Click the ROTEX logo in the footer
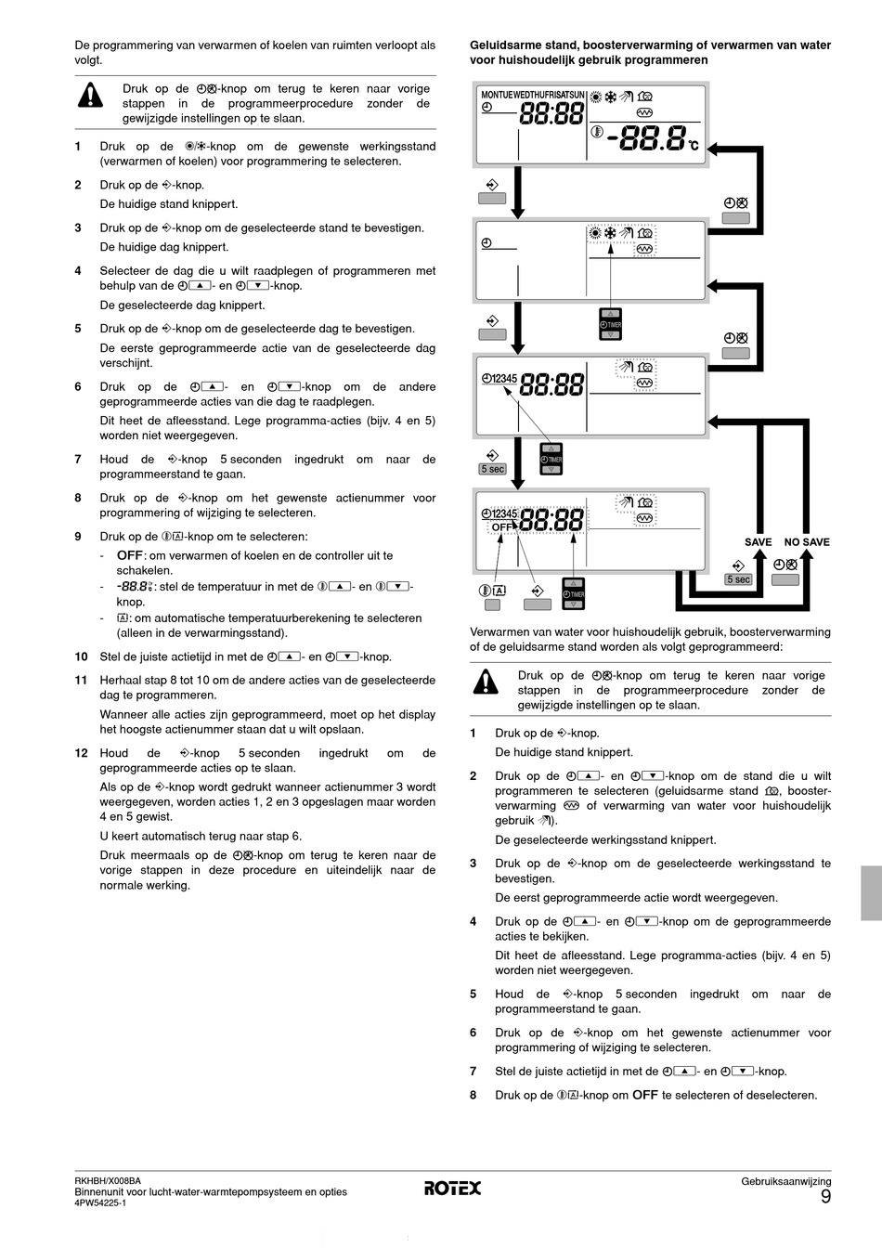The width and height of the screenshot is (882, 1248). point(453,1188)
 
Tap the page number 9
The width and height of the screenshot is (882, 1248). point(825,1197)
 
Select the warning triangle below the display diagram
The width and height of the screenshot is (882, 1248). point(485,682)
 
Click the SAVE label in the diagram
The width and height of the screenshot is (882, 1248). point(758,542)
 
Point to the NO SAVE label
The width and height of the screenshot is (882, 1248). point(807,542)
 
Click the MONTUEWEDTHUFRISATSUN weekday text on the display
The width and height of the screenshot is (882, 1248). point(533,95)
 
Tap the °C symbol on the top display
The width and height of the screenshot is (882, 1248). point(693,147)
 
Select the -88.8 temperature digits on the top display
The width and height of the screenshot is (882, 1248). point(646,138)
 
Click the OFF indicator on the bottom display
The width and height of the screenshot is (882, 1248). point(501,526)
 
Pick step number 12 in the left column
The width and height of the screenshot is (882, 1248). point(81,753)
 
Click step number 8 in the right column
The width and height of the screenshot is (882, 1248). point(473,1095)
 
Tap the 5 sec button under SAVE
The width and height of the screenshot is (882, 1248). point(739,579)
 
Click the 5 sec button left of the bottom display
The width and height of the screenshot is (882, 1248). point(492,469)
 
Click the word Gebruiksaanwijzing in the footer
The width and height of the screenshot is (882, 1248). point(785,1181)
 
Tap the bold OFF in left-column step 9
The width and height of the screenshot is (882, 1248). point(130,555)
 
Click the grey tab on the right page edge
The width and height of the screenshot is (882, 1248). point(871,892)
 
